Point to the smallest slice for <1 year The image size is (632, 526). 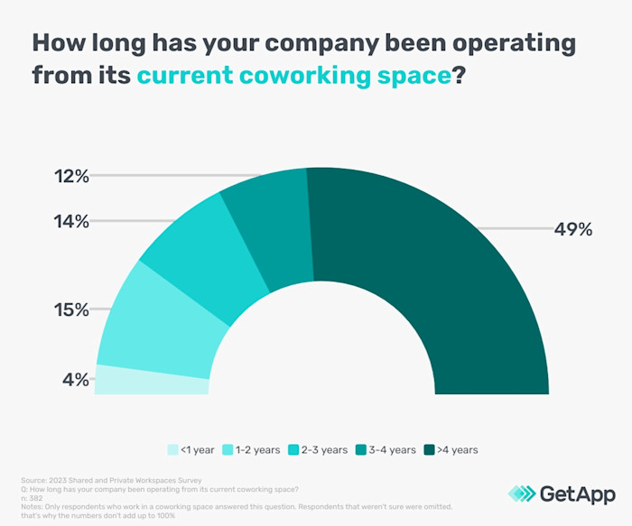point(151,381)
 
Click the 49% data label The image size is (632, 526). point(573,229)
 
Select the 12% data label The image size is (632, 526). point(71,176)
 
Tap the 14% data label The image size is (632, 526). point(71,220)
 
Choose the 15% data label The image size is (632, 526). point(71,309)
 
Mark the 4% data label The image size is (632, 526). point(77,380)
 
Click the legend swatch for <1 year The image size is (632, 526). point(172,449)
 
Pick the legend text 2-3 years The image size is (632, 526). point(322,449)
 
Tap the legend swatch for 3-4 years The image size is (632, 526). point(362,449)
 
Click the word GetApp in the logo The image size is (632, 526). point(577,494)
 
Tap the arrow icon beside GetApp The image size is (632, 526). point(521,494)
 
